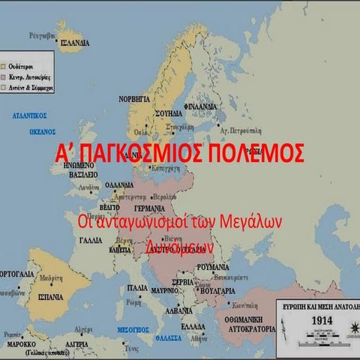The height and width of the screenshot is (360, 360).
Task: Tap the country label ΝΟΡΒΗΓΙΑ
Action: [x=134, y=98]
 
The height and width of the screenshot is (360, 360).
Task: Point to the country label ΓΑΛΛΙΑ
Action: [x=91, y=240]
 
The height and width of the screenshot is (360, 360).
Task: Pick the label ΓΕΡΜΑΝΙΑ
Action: [x=149, y=208]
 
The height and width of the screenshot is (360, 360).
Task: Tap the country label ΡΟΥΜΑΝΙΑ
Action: [x=213, y=267]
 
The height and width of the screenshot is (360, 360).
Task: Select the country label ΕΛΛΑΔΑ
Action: [x=193, y=326]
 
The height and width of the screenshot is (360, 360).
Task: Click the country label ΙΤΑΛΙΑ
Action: [x=137, y=287]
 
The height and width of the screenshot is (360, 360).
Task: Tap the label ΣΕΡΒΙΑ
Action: [x=184, y=282]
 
